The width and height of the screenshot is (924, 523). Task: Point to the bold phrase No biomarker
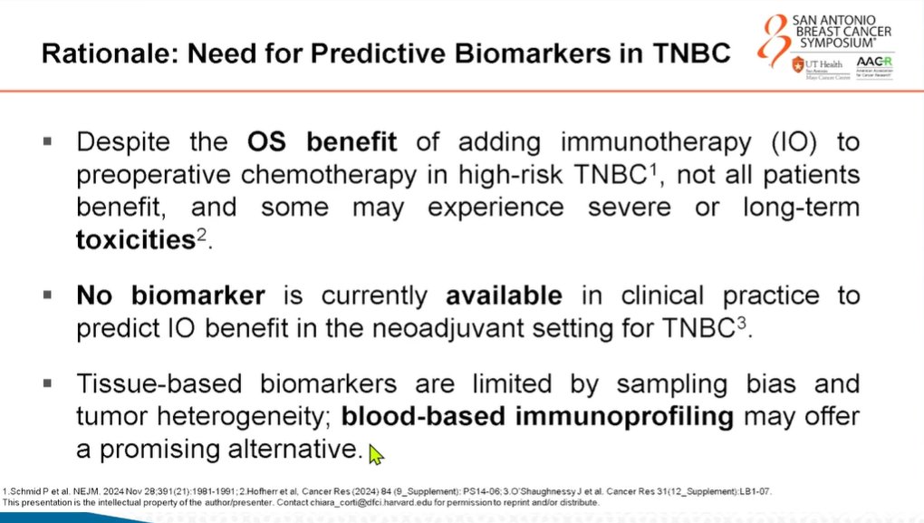point(170,296)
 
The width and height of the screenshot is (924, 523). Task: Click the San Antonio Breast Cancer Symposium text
point(847,31)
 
